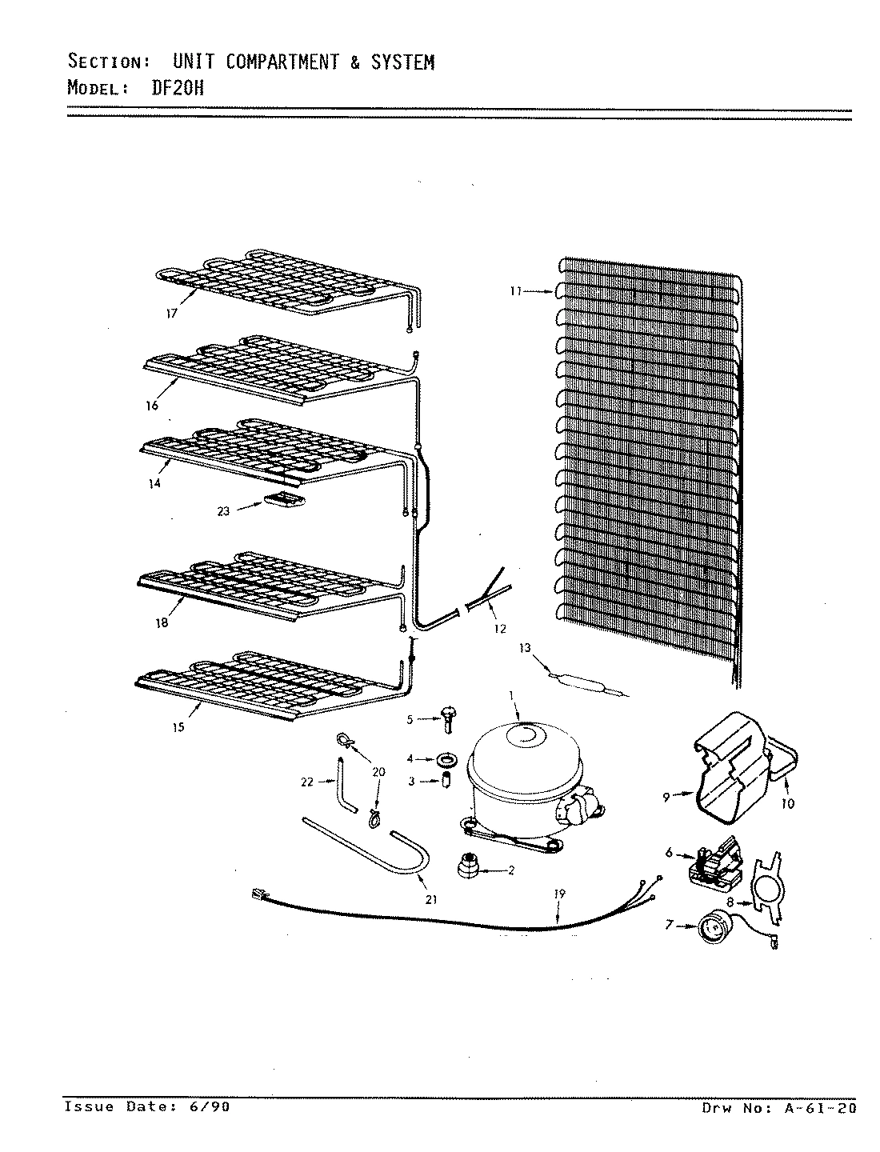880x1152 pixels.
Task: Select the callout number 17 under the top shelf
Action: pos(171,314)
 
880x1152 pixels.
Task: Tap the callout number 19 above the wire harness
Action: pos(558,894)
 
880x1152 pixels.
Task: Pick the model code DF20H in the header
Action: pos(178,87)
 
